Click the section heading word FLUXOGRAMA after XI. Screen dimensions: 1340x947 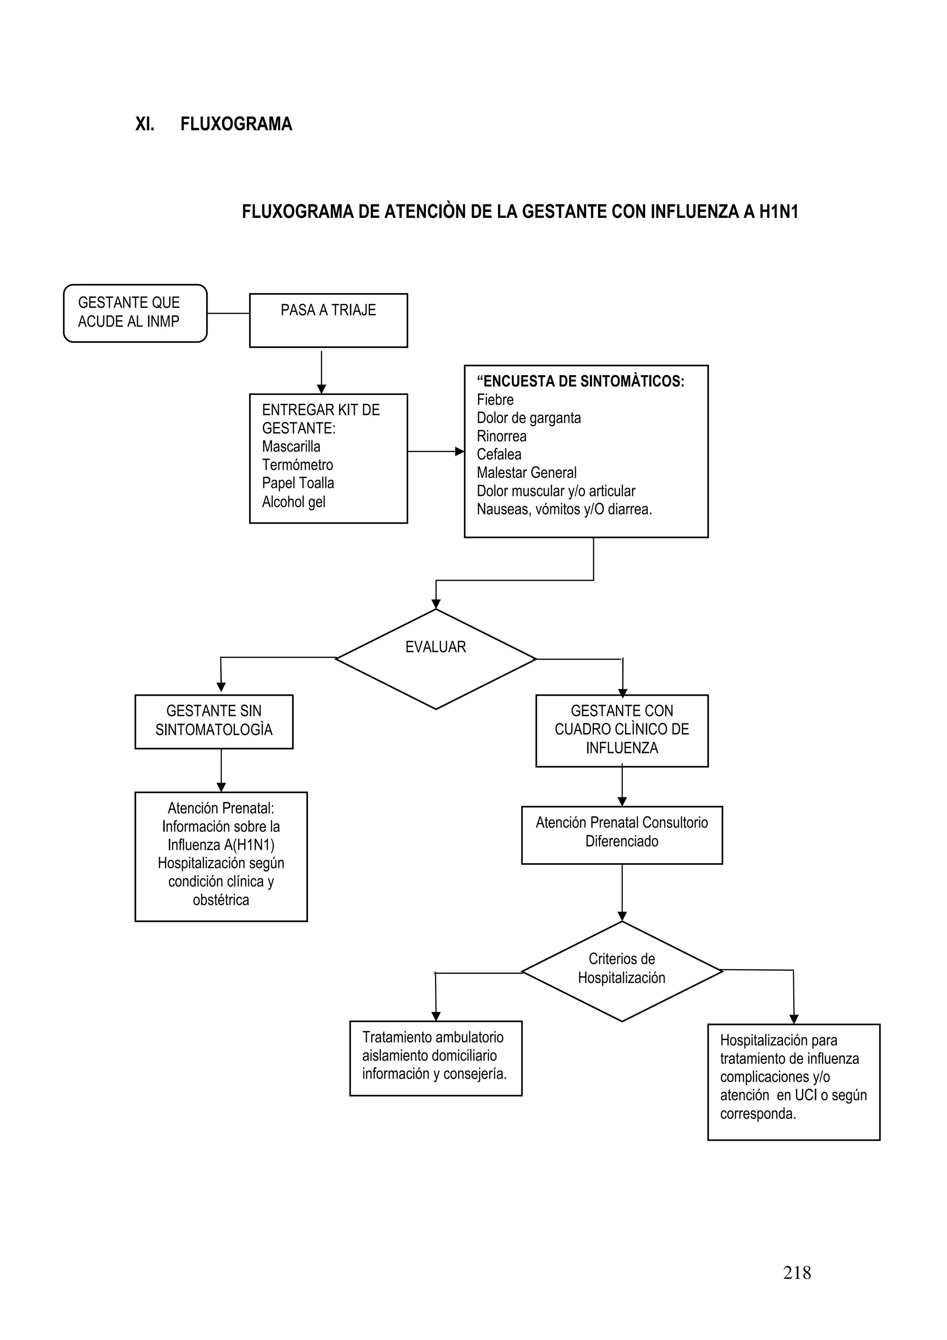tap(236, 124)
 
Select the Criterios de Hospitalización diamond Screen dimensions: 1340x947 tap(621, 971)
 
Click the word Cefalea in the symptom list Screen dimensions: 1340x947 tap(499, 455)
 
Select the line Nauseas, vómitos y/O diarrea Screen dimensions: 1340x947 tap(564, 510)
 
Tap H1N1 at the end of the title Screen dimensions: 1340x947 tap(778, 212)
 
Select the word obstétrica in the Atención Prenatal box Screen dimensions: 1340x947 tap(221, 900)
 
